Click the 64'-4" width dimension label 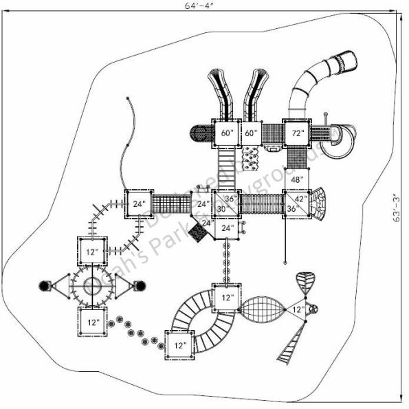tap(204, 5)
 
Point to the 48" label tap(298, 179)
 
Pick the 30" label tap(221, 209)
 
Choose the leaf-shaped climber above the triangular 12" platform tap(307, 282)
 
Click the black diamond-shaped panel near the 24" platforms tap(198, 234)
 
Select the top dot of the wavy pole tap(129, 100)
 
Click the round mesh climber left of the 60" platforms tap(199, 133)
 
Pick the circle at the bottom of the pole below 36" tap(284, 261)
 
